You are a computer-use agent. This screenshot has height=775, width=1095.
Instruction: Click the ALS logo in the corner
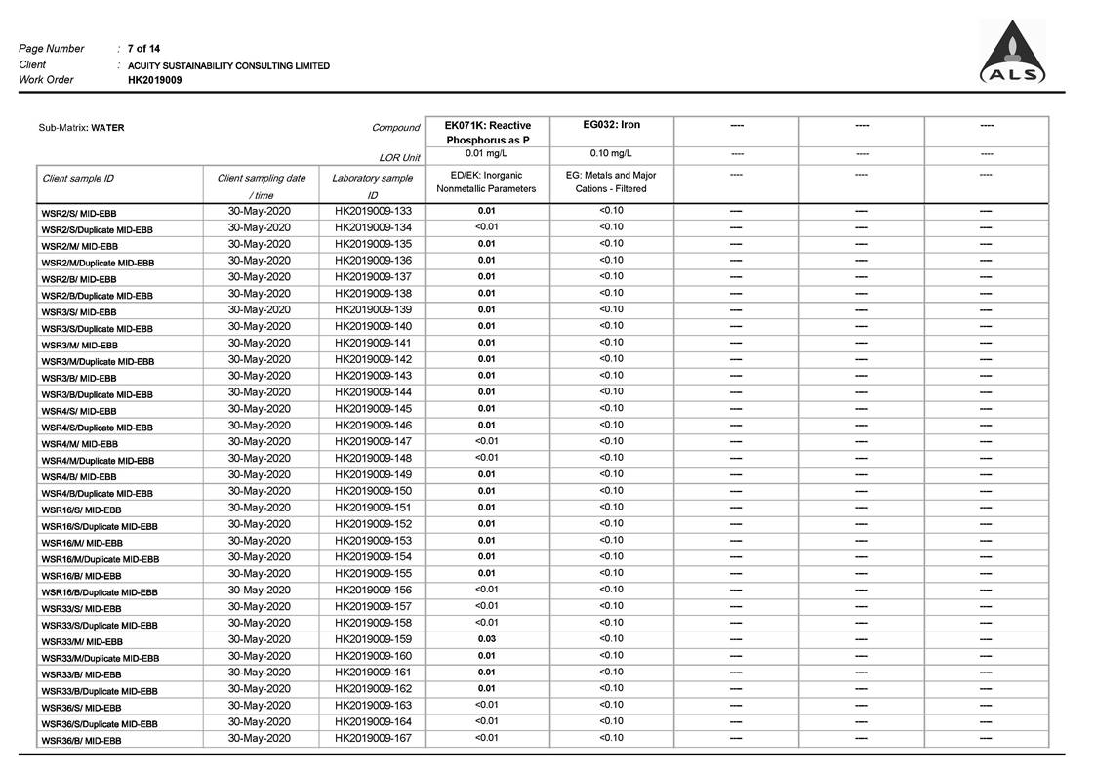(x=1012, y=54)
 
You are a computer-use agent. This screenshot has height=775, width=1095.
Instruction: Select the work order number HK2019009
(x=154, y=81)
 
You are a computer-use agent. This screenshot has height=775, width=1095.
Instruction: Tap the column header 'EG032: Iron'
(x=611, y=125)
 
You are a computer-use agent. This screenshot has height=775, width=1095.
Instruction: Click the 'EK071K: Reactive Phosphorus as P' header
(x=487, y=133)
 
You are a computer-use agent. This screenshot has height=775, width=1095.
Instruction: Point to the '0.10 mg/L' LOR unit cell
(x=611, y=153)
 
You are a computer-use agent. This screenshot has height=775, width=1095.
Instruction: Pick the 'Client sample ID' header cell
(x=78, y=179)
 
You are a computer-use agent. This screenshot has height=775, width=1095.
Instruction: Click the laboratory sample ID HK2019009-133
(x=373, y=211)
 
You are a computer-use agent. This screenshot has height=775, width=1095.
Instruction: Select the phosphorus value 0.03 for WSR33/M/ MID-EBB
(x=486, y=639)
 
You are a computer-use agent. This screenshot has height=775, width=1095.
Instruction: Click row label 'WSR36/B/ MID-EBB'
(x=81, y=741)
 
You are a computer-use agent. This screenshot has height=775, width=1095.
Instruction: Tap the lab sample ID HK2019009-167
(x=373, y=738)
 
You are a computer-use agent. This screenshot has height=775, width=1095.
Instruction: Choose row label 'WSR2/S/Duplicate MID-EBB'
(x=97, y=229)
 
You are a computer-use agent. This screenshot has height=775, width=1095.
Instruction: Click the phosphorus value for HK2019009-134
(x=486, y=227)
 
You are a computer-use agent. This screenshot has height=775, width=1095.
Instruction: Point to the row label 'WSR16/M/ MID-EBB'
(x=81, y=543)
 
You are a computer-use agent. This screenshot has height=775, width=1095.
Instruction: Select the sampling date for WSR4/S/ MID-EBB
(x=260, y=409)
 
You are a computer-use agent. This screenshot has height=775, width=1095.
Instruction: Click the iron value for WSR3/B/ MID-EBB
(x=611, y=376)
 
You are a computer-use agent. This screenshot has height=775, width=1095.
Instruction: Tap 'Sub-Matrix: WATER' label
(x=81, y=128)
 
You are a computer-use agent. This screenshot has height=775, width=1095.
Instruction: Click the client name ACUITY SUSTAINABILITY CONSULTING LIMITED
(x=228, y=66)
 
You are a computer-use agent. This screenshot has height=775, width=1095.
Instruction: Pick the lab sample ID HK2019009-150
(x=373, y=491)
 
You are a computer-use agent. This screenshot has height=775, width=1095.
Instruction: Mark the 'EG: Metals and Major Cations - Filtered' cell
(x=611, y=182)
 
